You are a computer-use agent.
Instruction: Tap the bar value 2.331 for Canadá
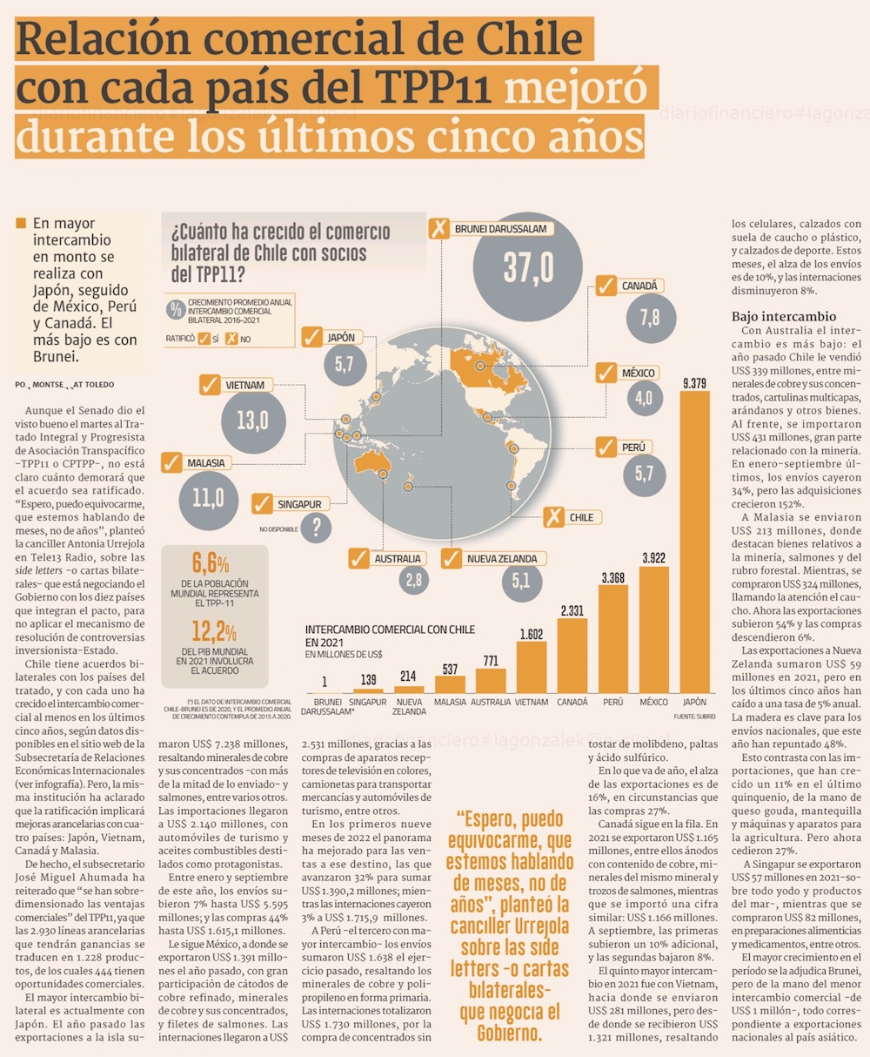[572, 610]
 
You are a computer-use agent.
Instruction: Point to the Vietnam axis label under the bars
[531, 702]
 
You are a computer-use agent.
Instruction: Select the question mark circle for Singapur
[317, 526]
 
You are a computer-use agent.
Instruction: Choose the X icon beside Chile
[552, 517]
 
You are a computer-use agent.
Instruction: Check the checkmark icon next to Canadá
[606, 286]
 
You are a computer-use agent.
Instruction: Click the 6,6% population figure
[211, 562]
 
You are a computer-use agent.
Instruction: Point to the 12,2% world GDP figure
[214, 631]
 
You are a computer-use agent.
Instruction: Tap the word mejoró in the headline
[576, 90]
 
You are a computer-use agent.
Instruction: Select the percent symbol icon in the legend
[176, 308]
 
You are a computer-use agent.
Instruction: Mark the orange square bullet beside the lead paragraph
[21, 224]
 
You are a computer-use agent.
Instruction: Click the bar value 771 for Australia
[490, 661]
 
